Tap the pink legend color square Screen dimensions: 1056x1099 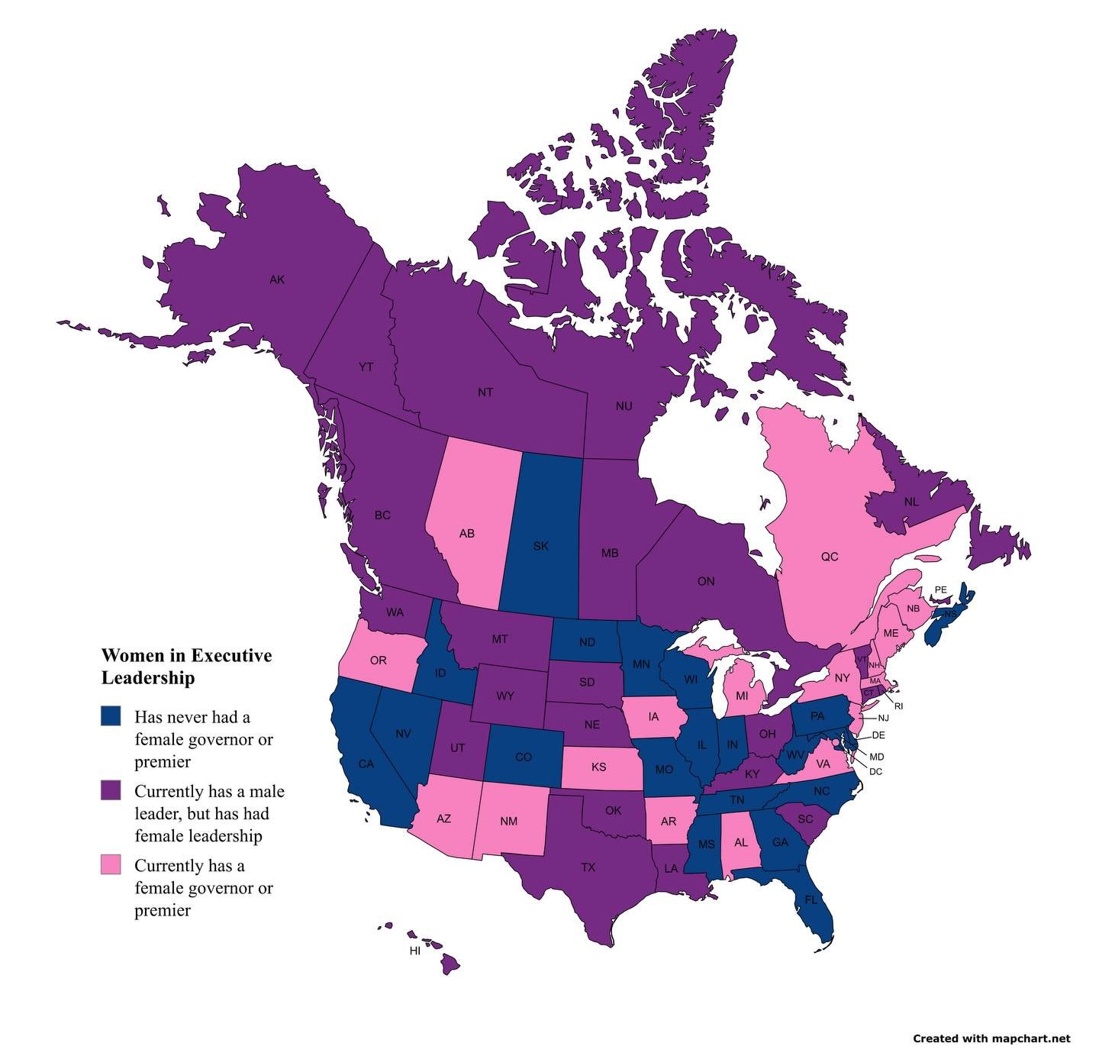tap(111, 864)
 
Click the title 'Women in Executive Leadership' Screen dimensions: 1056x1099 tap(186, 667)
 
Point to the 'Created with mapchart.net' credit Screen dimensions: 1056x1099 tap(991, 1038)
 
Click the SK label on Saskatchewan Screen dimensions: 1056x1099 tap(540, 546)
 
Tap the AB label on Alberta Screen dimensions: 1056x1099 tap(466, 534)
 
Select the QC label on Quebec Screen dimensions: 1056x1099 tap(829, 557)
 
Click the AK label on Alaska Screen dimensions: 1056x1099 tap(277, 279)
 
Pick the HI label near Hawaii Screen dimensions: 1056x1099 tap(415, 951)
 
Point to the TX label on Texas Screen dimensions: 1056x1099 tap(588, 867)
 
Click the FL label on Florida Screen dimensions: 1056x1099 tap(811, 899)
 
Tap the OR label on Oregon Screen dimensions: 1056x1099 tap(378, 660)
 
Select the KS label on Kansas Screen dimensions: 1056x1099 tap(598, 767)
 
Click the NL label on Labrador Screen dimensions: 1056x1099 tap(910, 502)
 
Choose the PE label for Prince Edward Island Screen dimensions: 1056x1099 tap(940, 589)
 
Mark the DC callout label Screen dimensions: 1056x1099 tap(875, 771)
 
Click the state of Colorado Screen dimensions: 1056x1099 tap(523, 757)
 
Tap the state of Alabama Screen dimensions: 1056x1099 tap(740, 843)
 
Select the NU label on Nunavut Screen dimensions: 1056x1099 tap(624, 406)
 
